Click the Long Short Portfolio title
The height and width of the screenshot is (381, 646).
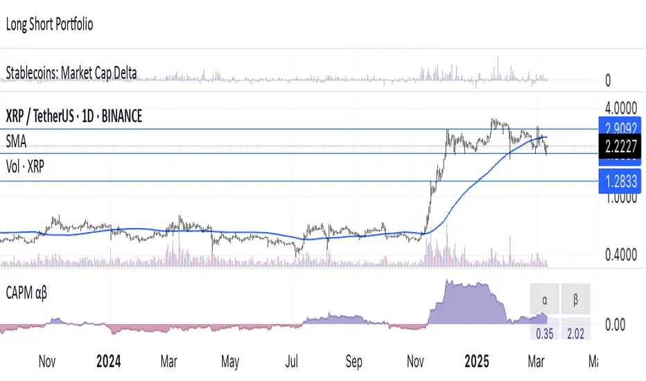[49, 24]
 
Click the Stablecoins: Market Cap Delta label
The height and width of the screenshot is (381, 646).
[71, 72]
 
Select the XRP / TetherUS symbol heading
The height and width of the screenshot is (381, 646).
[73, 116]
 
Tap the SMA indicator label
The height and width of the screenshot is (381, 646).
[16, 141]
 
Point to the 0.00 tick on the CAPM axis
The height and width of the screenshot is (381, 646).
[616, 324]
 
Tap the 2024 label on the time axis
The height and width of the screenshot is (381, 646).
[108, 362]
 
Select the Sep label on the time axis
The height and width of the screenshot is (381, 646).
[354, 362]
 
